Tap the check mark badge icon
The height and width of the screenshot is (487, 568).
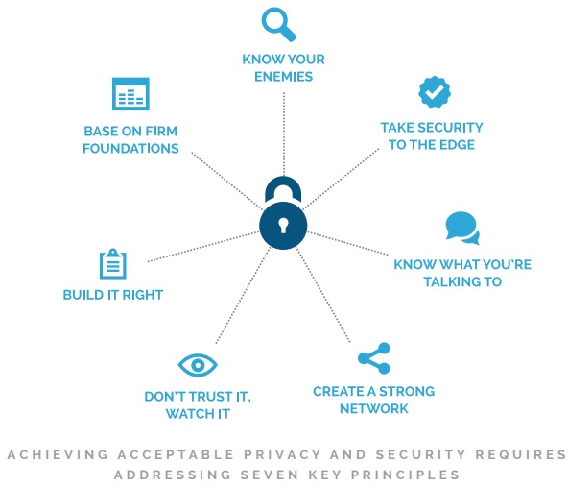coord(435,92)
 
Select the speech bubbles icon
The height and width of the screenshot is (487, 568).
coord(462,228)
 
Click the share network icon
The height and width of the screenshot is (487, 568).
coord(374,358)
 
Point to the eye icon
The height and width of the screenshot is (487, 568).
coord(198,365)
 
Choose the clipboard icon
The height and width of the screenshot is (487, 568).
coord(113,263)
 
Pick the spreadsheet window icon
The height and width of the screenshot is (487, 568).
coord(130,93)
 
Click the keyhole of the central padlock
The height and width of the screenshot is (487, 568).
coord(283,225)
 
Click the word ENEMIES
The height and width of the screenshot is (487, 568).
coord(283,77)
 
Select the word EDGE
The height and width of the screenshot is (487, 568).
coord(457,145)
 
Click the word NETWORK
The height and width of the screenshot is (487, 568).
coord(374,408)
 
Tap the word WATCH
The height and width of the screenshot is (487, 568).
coord(186,414)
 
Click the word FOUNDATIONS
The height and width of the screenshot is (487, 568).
coord(130,148)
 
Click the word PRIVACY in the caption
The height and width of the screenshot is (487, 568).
coord(282,454)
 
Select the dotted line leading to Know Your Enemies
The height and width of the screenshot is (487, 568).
coord(284,134)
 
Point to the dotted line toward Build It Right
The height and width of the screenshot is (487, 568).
coord(203,247)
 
